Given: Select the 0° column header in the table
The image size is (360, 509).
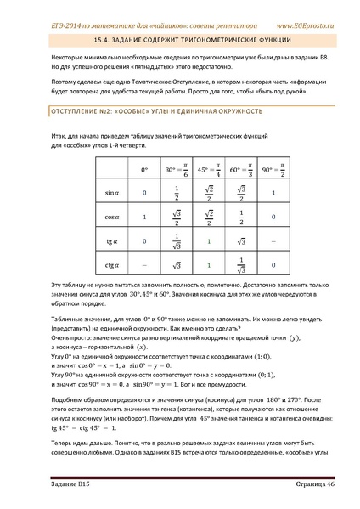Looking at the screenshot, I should tap(144, 170).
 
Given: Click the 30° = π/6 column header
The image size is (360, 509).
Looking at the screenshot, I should tap(176, 170).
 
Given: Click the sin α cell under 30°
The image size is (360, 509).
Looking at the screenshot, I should tap(176, 193).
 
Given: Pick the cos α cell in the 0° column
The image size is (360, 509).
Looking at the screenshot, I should tap(144, 217).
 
